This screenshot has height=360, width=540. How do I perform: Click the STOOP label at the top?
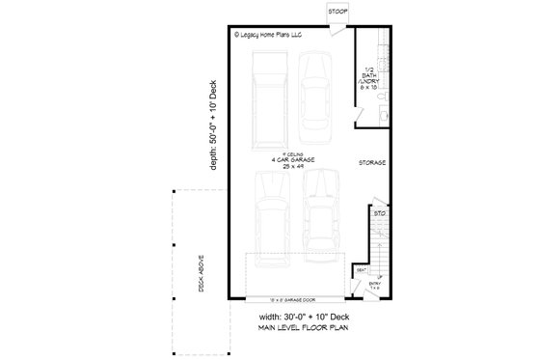click(x=337, y=11)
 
